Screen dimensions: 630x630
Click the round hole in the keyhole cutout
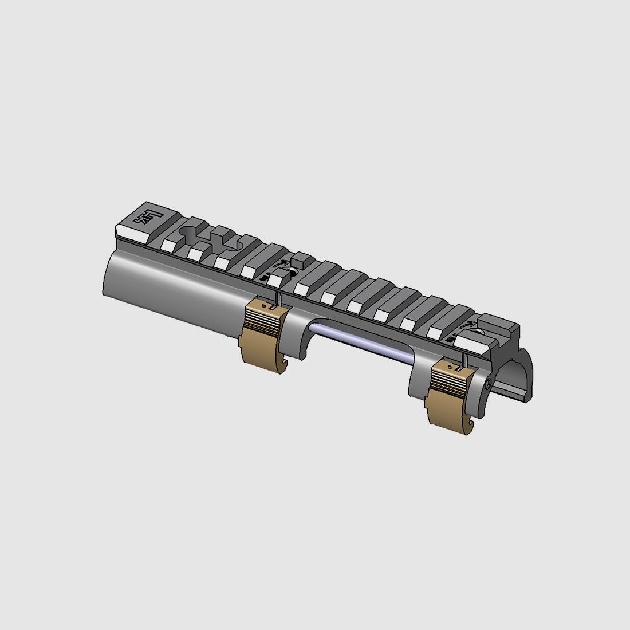pos(188,233)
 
